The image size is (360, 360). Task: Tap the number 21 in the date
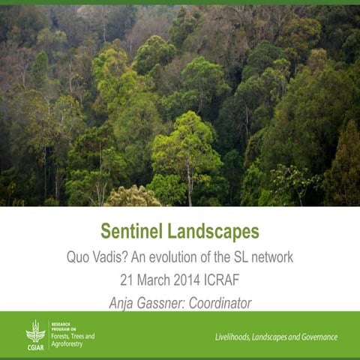point(127,280)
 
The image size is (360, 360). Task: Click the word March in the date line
point(155,280)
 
